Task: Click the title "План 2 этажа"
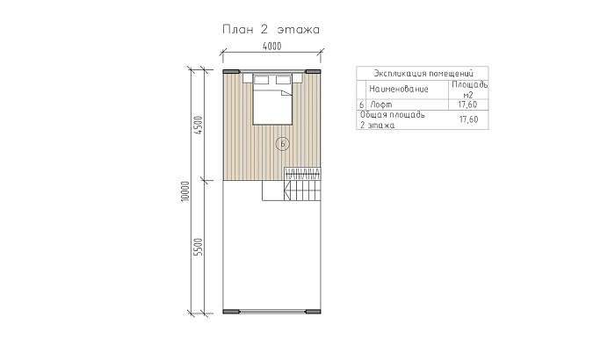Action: point(271,29)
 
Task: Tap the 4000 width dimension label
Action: point(271,47)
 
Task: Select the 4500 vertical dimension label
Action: point(199,126)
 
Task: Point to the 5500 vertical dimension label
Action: point(199,247)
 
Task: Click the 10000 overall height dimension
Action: point(185,191)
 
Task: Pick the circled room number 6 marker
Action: point(282,144)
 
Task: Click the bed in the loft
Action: point(272,99)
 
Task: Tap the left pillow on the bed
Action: point(261,81)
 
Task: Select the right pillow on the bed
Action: point(283,81)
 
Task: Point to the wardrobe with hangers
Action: point(302,174)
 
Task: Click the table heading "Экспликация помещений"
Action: point(423,74)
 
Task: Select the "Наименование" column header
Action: point(399,90)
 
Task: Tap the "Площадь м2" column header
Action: point(469,90)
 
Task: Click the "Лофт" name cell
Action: point(380,104)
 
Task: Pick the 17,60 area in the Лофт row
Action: point(468,104)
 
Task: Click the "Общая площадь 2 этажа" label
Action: point(392,120)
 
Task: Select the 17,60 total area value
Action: point(468,119)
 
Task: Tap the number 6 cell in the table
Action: point(361,104)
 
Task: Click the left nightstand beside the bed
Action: point(248,78)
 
